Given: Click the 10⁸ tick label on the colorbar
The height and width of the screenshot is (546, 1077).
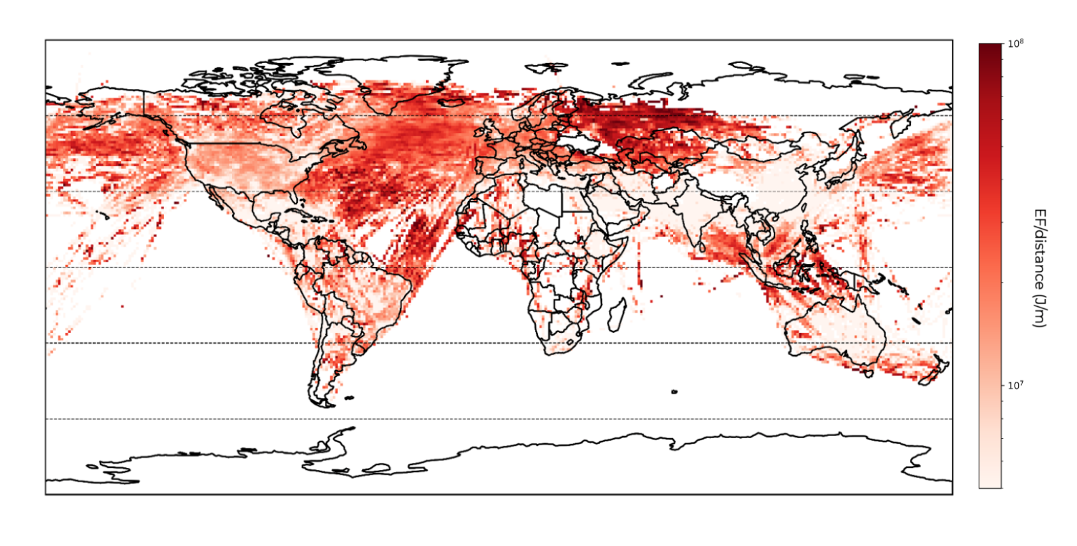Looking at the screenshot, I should (x=1015, y=43).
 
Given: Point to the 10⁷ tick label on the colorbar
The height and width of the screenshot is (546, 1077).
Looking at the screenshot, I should (x=1015, y=386).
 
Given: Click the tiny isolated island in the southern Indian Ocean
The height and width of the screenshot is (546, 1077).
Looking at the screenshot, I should (x=674, y=392).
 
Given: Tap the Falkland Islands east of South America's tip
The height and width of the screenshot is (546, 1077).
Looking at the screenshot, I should (x=349, y=398).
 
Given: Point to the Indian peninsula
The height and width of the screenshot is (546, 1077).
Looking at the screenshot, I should (x=692, y=217).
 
